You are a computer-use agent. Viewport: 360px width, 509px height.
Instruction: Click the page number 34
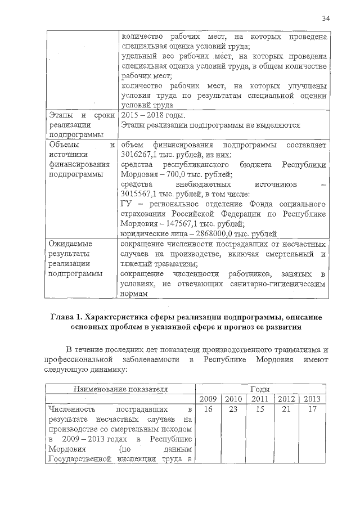pyautogui.click(x=325, y=19)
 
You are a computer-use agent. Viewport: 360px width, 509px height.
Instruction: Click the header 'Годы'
pyautogui.click(x=259, y=389)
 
